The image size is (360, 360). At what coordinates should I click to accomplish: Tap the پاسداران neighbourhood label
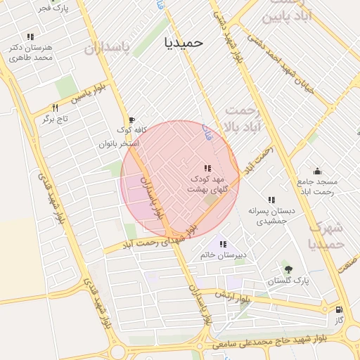tap(108, 47)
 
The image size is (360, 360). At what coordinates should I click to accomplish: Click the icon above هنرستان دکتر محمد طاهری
tap(30, 36)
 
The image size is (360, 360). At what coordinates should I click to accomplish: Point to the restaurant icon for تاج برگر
tap(55, 108)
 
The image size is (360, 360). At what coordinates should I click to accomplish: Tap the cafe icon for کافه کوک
tap(131, 120)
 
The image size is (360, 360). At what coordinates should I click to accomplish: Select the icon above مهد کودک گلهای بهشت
tap(207, 168)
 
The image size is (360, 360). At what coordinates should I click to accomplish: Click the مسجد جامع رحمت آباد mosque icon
tap(317, 171)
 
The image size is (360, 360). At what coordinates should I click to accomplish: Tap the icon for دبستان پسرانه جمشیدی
tap(271, 200)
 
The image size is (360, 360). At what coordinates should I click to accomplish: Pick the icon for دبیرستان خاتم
tap(223, 244)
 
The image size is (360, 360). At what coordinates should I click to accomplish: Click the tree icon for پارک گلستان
tap(287, 269)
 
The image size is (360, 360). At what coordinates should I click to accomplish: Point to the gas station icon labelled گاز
tap(340, 309)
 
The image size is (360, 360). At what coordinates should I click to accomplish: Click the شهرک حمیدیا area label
tap(326, 236)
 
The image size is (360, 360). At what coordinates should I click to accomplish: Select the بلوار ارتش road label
tap(234, 296)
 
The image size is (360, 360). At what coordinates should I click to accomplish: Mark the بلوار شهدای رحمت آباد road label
tap(148, 242)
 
